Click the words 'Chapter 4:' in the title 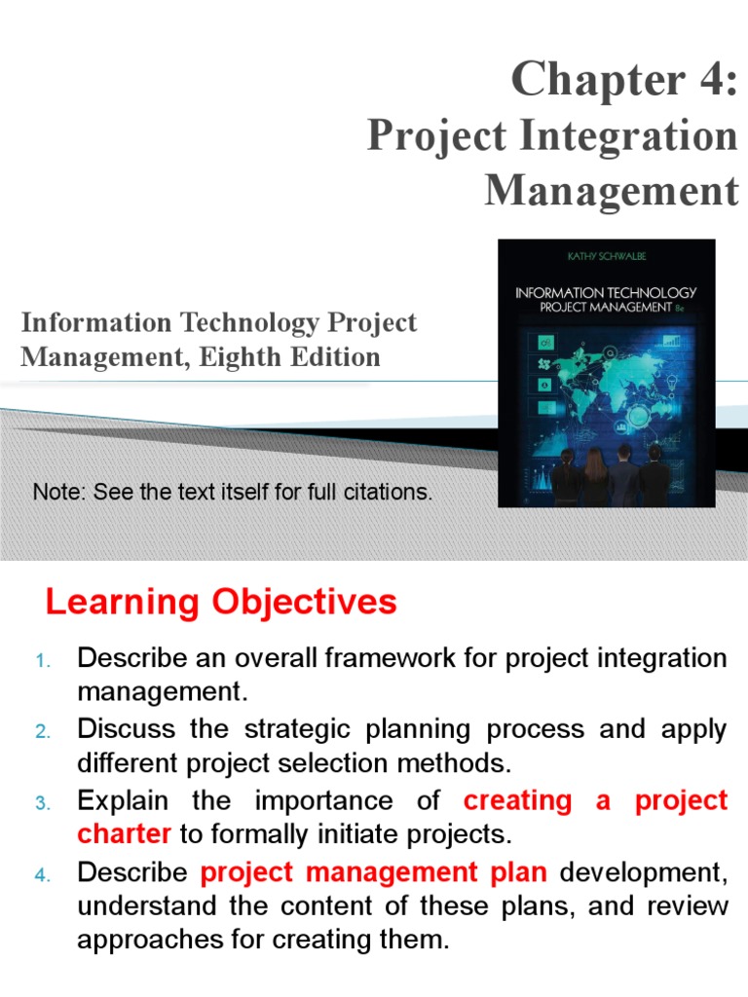[624, 80]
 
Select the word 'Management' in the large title [612, 190]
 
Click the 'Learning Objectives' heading [221, 603]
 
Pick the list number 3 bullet [42, 803]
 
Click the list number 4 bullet [42, 874]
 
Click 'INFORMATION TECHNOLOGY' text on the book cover [605, 291]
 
